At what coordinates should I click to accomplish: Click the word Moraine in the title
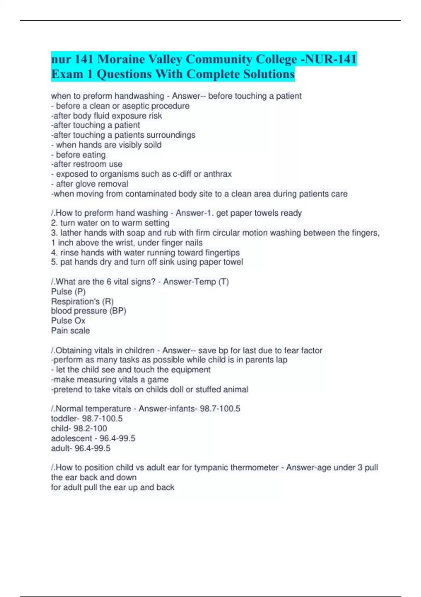click(x=120, y=59)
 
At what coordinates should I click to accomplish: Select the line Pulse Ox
click(x=68, y=321)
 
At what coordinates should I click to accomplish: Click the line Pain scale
click(x=71, y=330)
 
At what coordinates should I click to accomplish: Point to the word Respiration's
click(x=75, y=301)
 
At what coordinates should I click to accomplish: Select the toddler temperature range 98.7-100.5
click(x=102, y=419)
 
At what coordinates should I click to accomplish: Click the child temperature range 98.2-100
click(x=90, y=428)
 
